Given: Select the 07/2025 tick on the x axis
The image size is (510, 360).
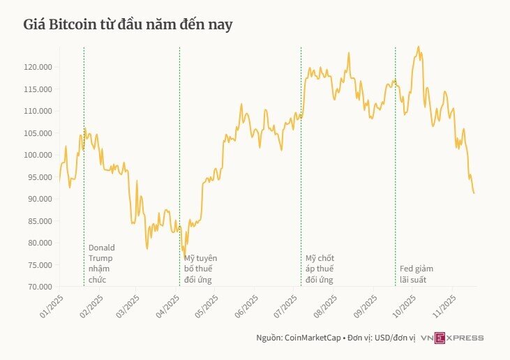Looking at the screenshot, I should click(x=286, y=305).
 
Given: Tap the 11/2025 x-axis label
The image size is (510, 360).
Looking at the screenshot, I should click(x=443, y=305).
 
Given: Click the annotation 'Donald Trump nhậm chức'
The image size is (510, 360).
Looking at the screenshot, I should click(x=101, y=264).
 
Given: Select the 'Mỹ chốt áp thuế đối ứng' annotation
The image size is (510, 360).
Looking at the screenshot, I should click(x=320, y=269).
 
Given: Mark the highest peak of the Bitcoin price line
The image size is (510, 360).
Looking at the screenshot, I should click(x=418, y=47).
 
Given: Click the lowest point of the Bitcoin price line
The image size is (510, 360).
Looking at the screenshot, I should click(x=184, y=256).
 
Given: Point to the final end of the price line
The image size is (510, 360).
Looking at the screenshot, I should click(x=474, y=193).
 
